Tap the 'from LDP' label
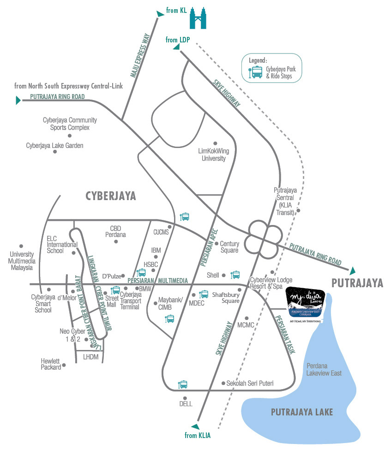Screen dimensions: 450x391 point(178,40)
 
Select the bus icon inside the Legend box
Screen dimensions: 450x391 point(256,72)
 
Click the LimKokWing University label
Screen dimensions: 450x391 point(213,154)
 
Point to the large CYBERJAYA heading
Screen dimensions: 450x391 point(111,196)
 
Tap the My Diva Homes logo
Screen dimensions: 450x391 point(305,302)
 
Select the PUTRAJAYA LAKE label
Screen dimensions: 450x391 point(302,412)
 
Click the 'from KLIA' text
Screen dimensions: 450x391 point(198,435)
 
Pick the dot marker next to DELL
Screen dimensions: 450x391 point(185,398)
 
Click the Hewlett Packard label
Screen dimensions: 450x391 point(51,364)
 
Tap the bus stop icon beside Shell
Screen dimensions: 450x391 point(235,275)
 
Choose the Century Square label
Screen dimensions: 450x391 point(229,247)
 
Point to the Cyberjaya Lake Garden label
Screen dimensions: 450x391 point(54,146)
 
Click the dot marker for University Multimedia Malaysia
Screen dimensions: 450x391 point(21,246)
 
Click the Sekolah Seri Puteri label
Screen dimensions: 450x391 point(250,383)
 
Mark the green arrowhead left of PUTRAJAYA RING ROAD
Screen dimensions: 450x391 point(19,100)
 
